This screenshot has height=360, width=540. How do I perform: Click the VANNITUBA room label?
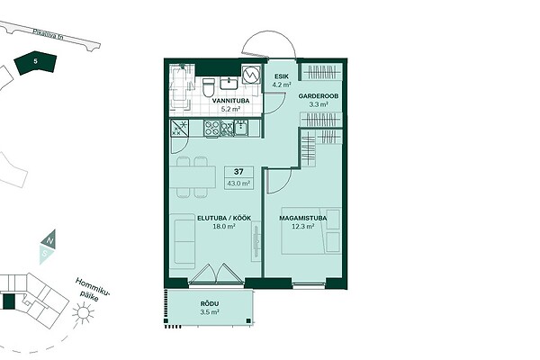(x=226, y=101)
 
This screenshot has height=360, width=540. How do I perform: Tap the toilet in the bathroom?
(x=209, y=87)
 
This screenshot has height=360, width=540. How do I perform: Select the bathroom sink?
(x=229, y=83)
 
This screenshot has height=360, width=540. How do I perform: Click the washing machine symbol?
(x=250, y=74)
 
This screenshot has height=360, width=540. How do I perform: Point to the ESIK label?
(x=282, y=76)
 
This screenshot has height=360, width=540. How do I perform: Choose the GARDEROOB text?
(x=319, y=96)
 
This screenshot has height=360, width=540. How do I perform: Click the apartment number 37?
(x=238, y=172)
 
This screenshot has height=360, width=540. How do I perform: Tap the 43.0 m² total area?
(x=238, y=184)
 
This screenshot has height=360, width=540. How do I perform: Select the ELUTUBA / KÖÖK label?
(x=224, y=218)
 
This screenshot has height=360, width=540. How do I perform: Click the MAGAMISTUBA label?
(x=303, y=218)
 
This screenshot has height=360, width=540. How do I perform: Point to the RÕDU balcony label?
(x=210, y=304)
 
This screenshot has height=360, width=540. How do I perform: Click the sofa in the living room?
(x=183, y=241)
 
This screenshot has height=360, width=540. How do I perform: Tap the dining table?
(x=193, y=176)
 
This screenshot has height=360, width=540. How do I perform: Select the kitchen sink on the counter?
(x=241, y=128)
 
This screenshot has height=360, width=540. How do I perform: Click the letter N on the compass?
(x=49, y=240)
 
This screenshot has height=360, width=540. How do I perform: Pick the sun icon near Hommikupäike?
(x=83, y=312)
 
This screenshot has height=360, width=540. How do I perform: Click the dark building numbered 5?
(x=35, y=63)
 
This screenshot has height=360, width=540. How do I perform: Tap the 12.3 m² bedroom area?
(x=303, y=226)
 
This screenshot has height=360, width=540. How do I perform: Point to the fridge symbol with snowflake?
(x=179, y=128)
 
